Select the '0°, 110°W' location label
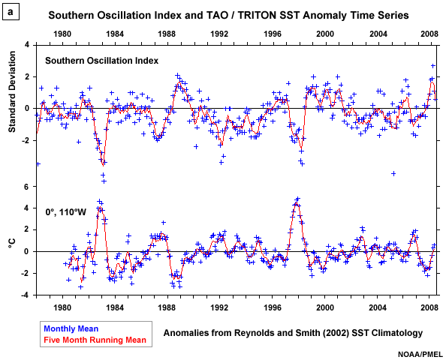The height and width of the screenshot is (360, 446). pos(65,212)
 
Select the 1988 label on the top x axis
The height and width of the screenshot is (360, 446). pos(167,34)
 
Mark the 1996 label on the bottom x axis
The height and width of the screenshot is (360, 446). pos(272,307)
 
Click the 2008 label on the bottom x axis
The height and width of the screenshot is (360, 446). pos(429,307)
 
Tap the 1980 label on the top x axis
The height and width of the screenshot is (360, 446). pos(62,34)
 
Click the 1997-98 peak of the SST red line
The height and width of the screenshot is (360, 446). pos(297,200)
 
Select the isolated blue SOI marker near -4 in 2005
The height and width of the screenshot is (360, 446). pos(393,173)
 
